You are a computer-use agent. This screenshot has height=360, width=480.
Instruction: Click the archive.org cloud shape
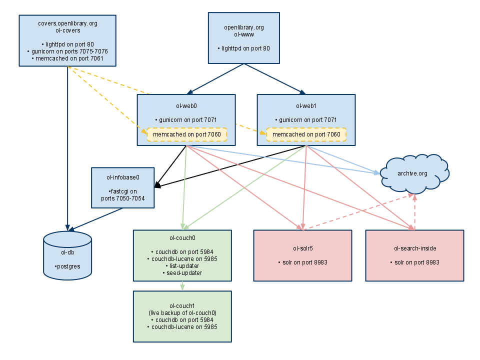tap(414, 173)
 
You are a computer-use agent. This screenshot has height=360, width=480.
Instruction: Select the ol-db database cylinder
tap(67, 255)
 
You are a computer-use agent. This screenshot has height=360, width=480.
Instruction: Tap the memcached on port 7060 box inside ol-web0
tap(186, 134)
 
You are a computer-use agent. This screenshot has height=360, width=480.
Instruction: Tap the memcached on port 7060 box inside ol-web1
tap(306, 134)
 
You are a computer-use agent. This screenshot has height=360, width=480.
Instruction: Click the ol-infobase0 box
tap(123, 187)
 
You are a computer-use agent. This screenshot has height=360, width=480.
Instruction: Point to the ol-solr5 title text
tap(303, 248)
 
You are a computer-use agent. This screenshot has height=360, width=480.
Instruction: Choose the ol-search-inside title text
tap(414, 248)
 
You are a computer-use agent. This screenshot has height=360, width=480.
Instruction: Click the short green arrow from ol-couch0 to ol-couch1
tap(182, 286)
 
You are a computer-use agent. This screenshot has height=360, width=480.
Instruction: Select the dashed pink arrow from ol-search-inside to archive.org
tap(414, 212)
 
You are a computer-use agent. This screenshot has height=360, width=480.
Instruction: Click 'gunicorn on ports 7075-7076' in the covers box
tap(67, 51)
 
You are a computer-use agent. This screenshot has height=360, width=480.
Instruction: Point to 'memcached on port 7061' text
tap(67, 58)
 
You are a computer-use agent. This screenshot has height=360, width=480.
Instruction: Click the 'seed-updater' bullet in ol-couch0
tap(182, 273)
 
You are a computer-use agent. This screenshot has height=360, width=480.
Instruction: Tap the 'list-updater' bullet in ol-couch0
tap(182, 266)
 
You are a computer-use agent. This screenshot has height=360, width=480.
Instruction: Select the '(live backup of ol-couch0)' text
tap(182, 312)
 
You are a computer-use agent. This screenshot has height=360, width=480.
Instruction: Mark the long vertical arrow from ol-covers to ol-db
tap(67, 150)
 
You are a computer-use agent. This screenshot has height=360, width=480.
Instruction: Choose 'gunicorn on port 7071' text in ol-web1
tap(306, 120)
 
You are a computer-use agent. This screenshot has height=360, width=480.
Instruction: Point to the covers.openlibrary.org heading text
tap(67, 23)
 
